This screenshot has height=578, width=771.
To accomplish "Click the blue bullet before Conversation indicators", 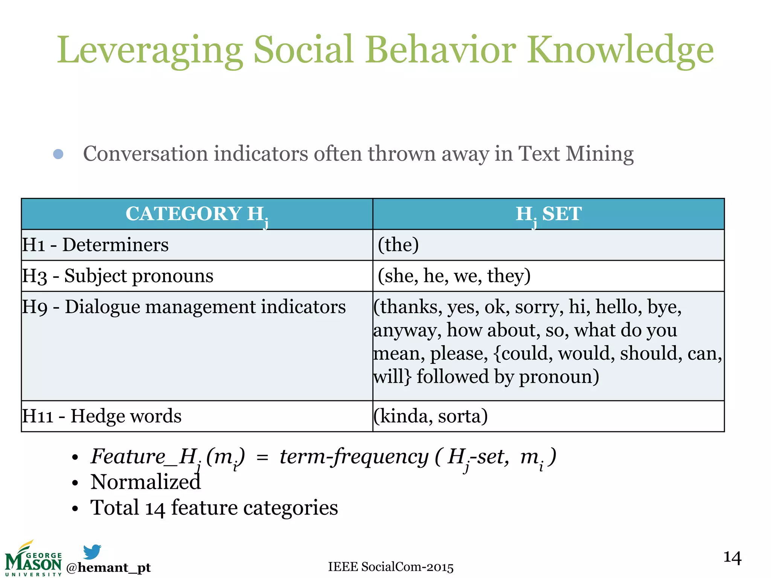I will pyautogui.click(x=58, y=154).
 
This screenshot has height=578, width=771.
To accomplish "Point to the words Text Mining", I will pyautogui.click(x=576, y=154).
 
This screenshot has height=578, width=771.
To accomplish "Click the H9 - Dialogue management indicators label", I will pyautogui.click(x=184, y=307).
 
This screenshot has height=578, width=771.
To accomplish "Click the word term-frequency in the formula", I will pyautogui.click(x=354, y=457).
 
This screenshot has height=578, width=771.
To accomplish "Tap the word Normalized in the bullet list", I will pyautogui.click(x=146, y=482).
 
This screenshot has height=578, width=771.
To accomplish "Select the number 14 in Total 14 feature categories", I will pyautogui.click(x=155, y=508).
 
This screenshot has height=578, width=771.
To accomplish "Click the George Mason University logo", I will pyautogui.click(x=33, y=559).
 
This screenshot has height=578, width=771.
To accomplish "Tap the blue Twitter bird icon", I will pyautogui.click(x=92, y=552).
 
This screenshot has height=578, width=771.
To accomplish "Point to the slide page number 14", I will pyautogui.click(x=732, y=558).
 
